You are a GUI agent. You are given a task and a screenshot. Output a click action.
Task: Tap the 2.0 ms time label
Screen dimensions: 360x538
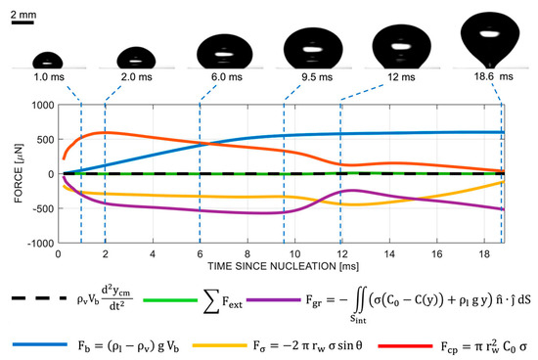136,74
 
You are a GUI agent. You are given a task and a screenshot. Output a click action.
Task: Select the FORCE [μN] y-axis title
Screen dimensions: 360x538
13,174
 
